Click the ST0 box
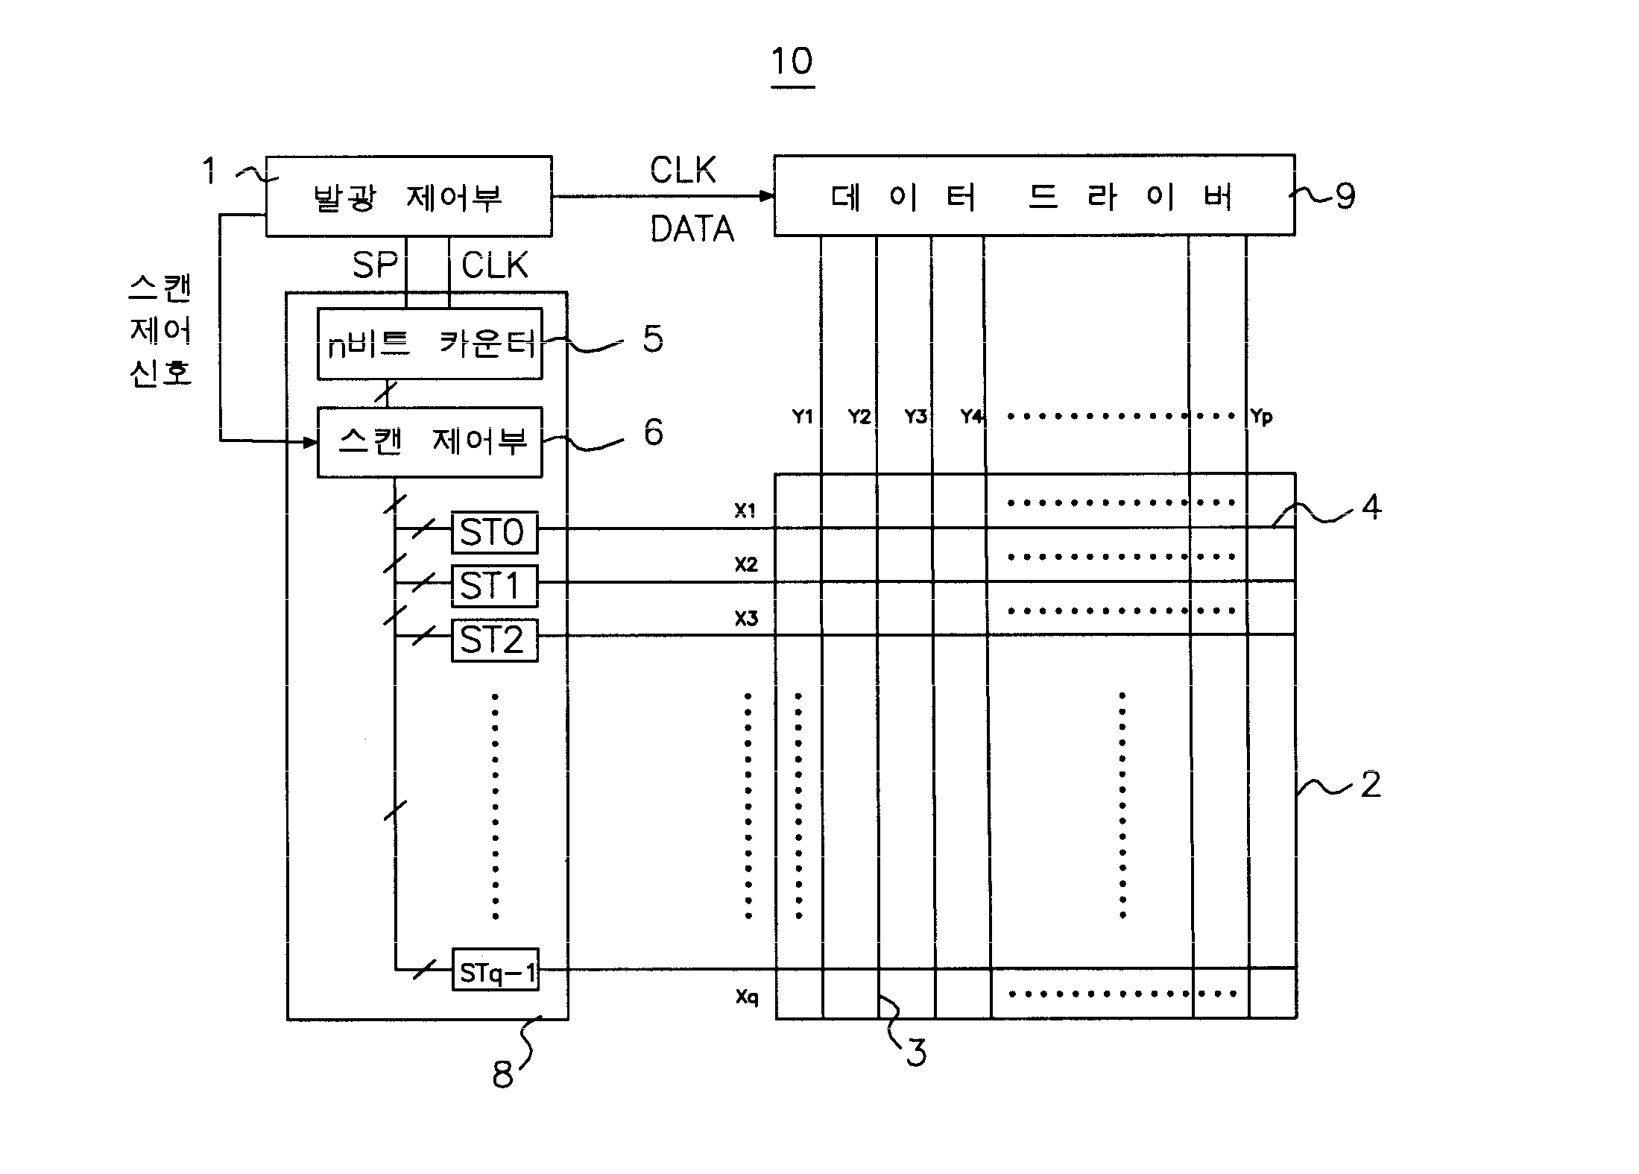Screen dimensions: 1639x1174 point(494,532)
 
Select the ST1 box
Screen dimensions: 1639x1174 point(494,586)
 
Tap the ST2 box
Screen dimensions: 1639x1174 point(494,640)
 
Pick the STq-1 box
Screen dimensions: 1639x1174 point(496,969)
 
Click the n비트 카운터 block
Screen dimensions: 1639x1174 point(430,344)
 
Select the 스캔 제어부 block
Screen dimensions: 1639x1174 point(430,442)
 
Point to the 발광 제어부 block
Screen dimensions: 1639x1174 point(408,197)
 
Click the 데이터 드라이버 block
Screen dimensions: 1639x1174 point(1035,195)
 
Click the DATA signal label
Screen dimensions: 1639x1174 point(692,229)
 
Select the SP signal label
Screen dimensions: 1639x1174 point(374,265)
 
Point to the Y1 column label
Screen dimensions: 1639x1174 point(803,417)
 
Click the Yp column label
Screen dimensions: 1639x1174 point(1261,417)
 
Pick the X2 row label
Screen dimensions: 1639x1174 point(746,565)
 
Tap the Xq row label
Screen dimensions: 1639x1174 point(747,997)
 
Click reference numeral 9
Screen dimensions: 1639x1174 point(1345,197)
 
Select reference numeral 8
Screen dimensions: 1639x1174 point(502,1074)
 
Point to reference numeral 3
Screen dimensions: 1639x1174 point(916,1053)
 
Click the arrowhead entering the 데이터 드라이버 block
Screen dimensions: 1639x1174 point(767,196)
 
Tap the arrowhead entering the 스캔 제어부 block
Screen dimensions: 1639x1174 point(310,442)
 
